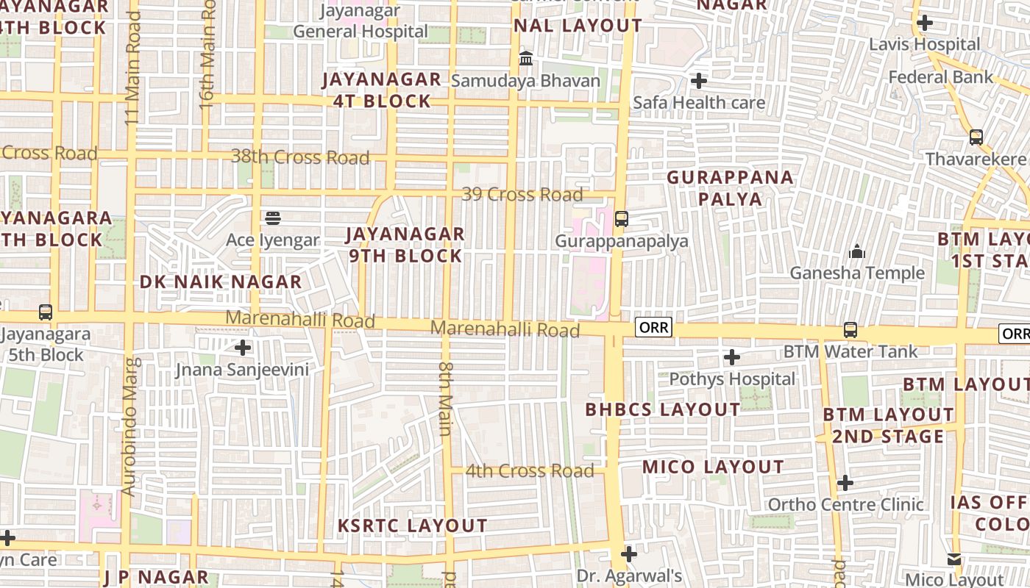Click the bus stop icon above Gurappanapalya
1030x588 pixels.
coord(622,218)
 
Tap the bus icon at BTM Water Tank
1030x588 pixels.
coord(850,330)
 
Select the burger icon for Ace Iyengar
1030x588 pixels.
coord(273,218)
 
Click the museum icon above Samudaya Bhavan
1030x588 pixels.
coord(526,58)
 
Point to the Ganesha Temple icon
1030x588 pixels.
coord(857,252)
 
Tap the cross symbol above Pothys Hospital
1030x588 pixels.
coord(731,357)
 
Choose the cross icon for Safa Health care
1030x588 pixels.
coord(699,80)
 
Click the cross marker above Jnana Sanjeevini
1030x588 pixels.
coord(243,347)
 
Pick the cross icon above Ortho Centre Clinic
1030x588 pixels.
coord(845,483)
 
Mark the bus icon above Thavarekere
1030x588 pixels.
coord(976,137)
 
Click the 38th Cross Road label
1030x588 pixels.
coord(300,157)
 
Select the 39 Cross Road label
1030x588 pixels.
coord(522,195)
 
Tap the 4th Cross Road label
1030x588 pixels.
coord(530,471)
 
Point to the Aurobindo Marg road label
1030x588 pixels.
coord(130,426)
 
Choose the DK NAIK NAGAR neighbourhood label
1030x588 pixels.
coord(221,282)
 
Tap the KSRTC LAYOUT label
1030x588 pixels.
coord(412,526)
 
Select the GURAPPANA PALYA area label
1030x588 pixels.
coord(731,187)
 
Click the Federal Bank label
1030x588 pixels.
coord(940,77)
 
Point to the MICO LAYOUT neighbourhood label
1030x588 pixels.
coord(713,467)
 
